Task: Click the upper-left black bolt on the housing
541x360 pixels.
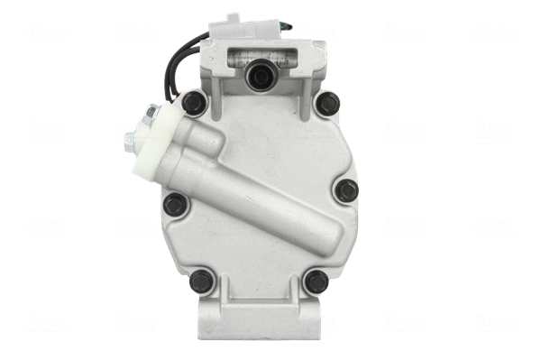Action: pyautogui.click(x=194, y=103)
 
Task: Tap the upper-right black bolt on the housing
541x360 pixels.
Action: pyautogui.click(x=328, y=103)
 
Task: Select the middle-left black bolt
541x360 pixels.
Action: pyautogui.click(x=177, y=204)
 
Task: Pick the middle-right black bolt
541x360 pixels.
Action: pyautogui.click(x=346, y=190)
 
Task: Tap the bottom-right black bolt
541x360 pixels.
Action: pyautogui.click(x=316, y=282)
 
